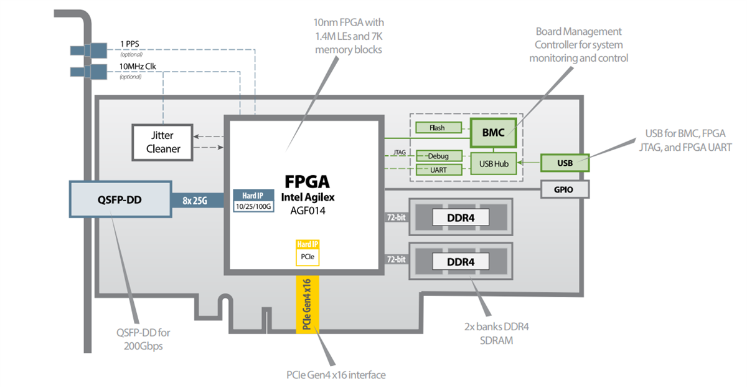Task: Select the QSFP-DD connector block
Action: click(120, 200)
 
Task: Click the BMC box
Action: click(493, 132)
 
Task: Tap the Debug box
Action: click(439, 156)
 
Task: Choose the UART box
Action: click(439, 170)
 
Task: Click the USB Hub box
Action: click(493, 163)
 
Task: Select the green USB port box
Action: click(565, 163)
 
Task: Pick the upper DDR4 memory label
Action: click(461, 217)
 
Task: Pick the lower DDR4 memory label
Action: click(461, 262)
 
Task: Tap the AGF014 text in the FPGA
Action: click(306, 211)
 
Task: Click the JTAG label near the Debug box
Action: click(400, 152)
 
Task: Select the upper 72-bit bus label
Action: click(396, 217)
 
